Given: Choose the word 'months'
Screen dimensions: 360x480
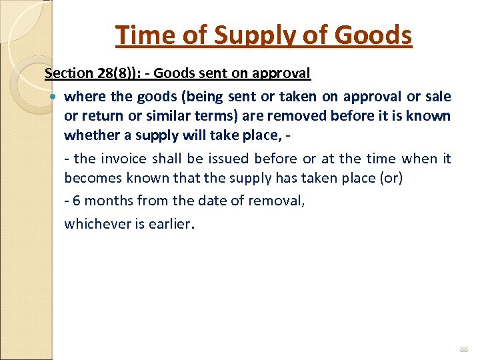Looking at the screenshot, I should click(110, 200).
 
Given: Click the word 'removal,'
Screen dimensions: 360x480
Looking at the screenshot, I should click(279, 200).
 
